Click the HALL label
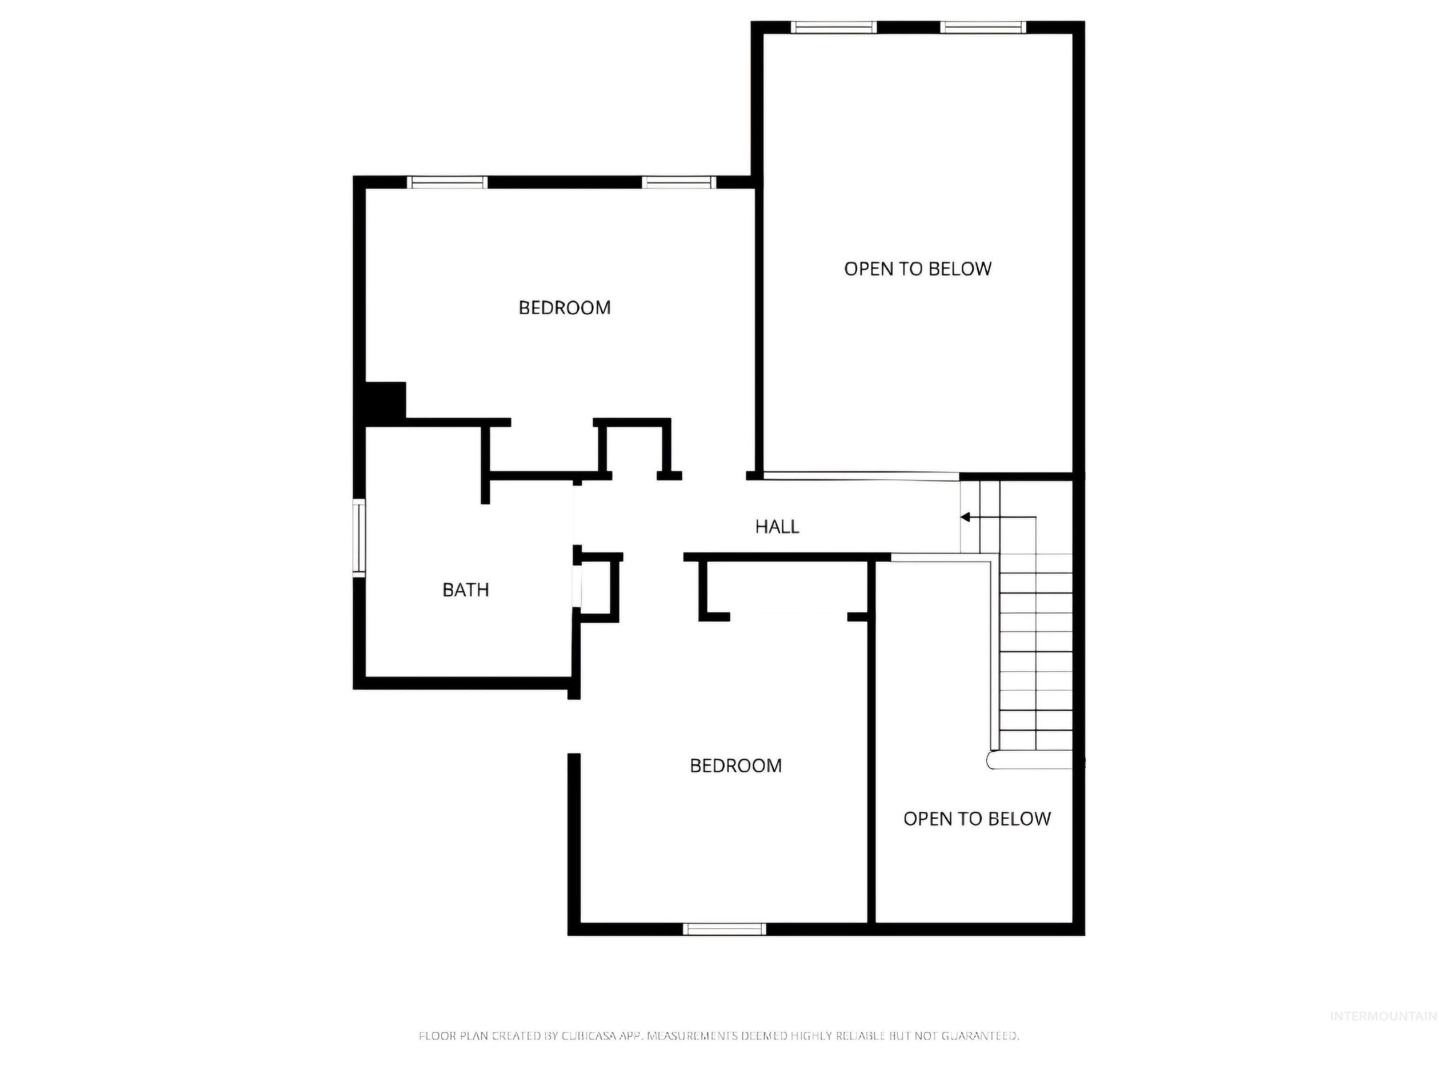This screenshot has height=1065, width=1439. [x=777, y=527]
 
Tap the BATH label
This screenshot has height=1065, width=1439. [x=465, y=590]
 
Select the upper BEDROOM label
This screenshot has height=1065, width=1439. [x=564, y=308]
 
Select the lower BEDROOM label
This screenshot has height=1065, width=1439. [x=735, y=766]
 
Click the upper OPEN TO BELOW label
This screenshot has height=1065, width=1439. [x=917, y=269]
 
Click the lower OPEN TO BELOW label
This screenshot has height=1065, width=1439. [x=977, y=819]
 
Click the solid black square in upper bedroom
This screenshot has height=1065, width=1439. [x=385, y=400]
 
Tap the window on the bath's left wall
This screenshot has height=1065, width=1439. [x=359, y=536]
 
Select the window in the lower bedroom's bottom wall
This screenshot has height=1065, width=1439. [x=724, y=929]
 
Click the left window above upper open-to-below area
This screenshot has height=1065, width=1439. [x=833, y=27]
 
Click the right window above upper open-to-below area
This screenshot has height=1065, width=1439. [x=982, y=27]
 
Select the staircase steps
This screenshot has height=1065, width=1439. [x=1035, y=651]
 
